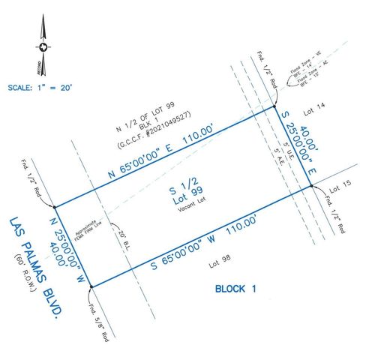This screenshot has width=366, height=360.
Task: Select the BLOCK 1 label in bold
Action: coord(235,288)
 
